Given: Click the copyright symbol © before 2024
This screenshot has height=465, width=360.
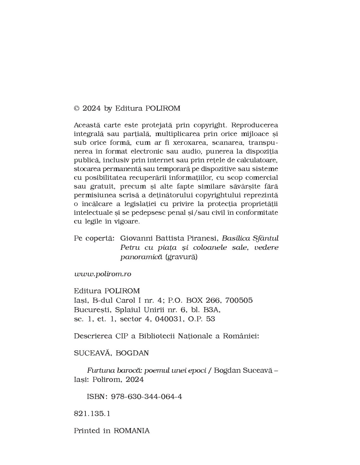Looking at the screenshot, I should point(77,109).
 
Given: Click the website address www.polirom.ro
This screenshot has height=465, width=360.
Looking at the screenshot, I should point(102,274).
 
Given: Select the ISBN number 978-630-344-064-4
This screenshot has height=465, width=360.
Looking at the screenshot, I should point(147,397).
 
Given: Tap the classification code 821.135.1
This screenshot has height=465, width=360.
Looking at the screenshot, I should point(92,413).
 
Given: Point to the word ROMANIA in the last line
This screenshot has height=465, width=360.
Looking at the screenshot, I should point(132,431).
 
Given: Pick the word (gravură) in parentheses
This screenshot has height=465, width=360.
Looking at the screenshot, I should point(182,257).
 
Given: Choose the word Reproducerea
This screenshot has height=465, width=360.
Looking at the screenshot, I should point(257,125).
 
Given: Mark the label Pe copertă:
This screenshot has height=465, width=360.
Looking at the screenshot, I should point(94,238).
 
